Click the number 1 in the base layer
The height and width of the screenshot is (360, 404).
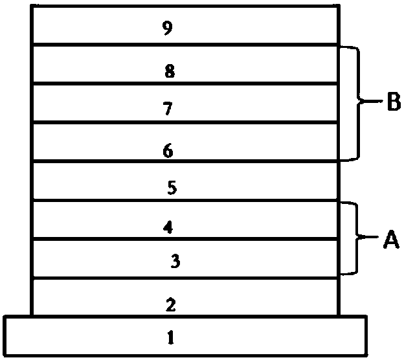click(170, 337)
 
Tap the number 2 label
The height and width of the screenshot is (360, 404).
click(171, 304)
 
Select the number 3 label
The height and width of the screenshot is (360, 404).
click(175, 261)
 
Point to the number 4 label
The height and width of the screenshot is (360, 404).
click(168, 227)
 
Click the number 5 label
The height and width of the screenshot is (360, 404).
click(171, 188)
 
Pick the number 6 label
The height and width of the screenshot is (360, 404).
click(168, 151)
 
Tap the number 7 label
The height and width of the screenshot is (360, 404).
click(168, 109)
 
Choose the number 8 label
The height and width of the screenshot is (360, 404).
click(170, 71)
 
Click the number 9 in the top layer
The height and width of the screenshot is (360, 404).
click(168, 28)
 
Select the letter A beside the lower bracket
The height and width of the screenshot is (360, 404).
click(391, 240)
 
